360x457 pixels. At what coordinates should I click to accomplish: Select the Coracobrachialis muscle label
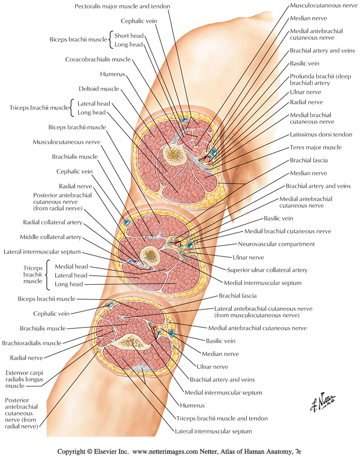pos(98,59)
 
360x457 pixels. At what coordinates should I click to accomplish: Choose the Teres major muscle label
pos(315,148)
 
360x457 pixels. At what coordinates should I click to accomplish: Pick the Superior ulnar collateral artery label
pos(267,270)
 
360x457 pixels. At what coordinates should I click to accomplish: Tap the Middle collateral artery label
pos(50,237)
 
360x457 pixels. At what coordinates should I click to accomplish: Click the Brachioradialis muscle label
pos(31,343)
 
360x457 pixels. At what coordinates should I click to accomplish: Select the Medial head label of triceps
pos(71,266)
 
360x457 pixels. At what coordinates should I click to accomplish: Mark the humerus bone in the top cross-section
pos(174,156)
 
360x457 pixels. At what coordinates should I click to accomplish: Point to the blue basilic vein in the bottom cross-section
pos(172,333)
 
